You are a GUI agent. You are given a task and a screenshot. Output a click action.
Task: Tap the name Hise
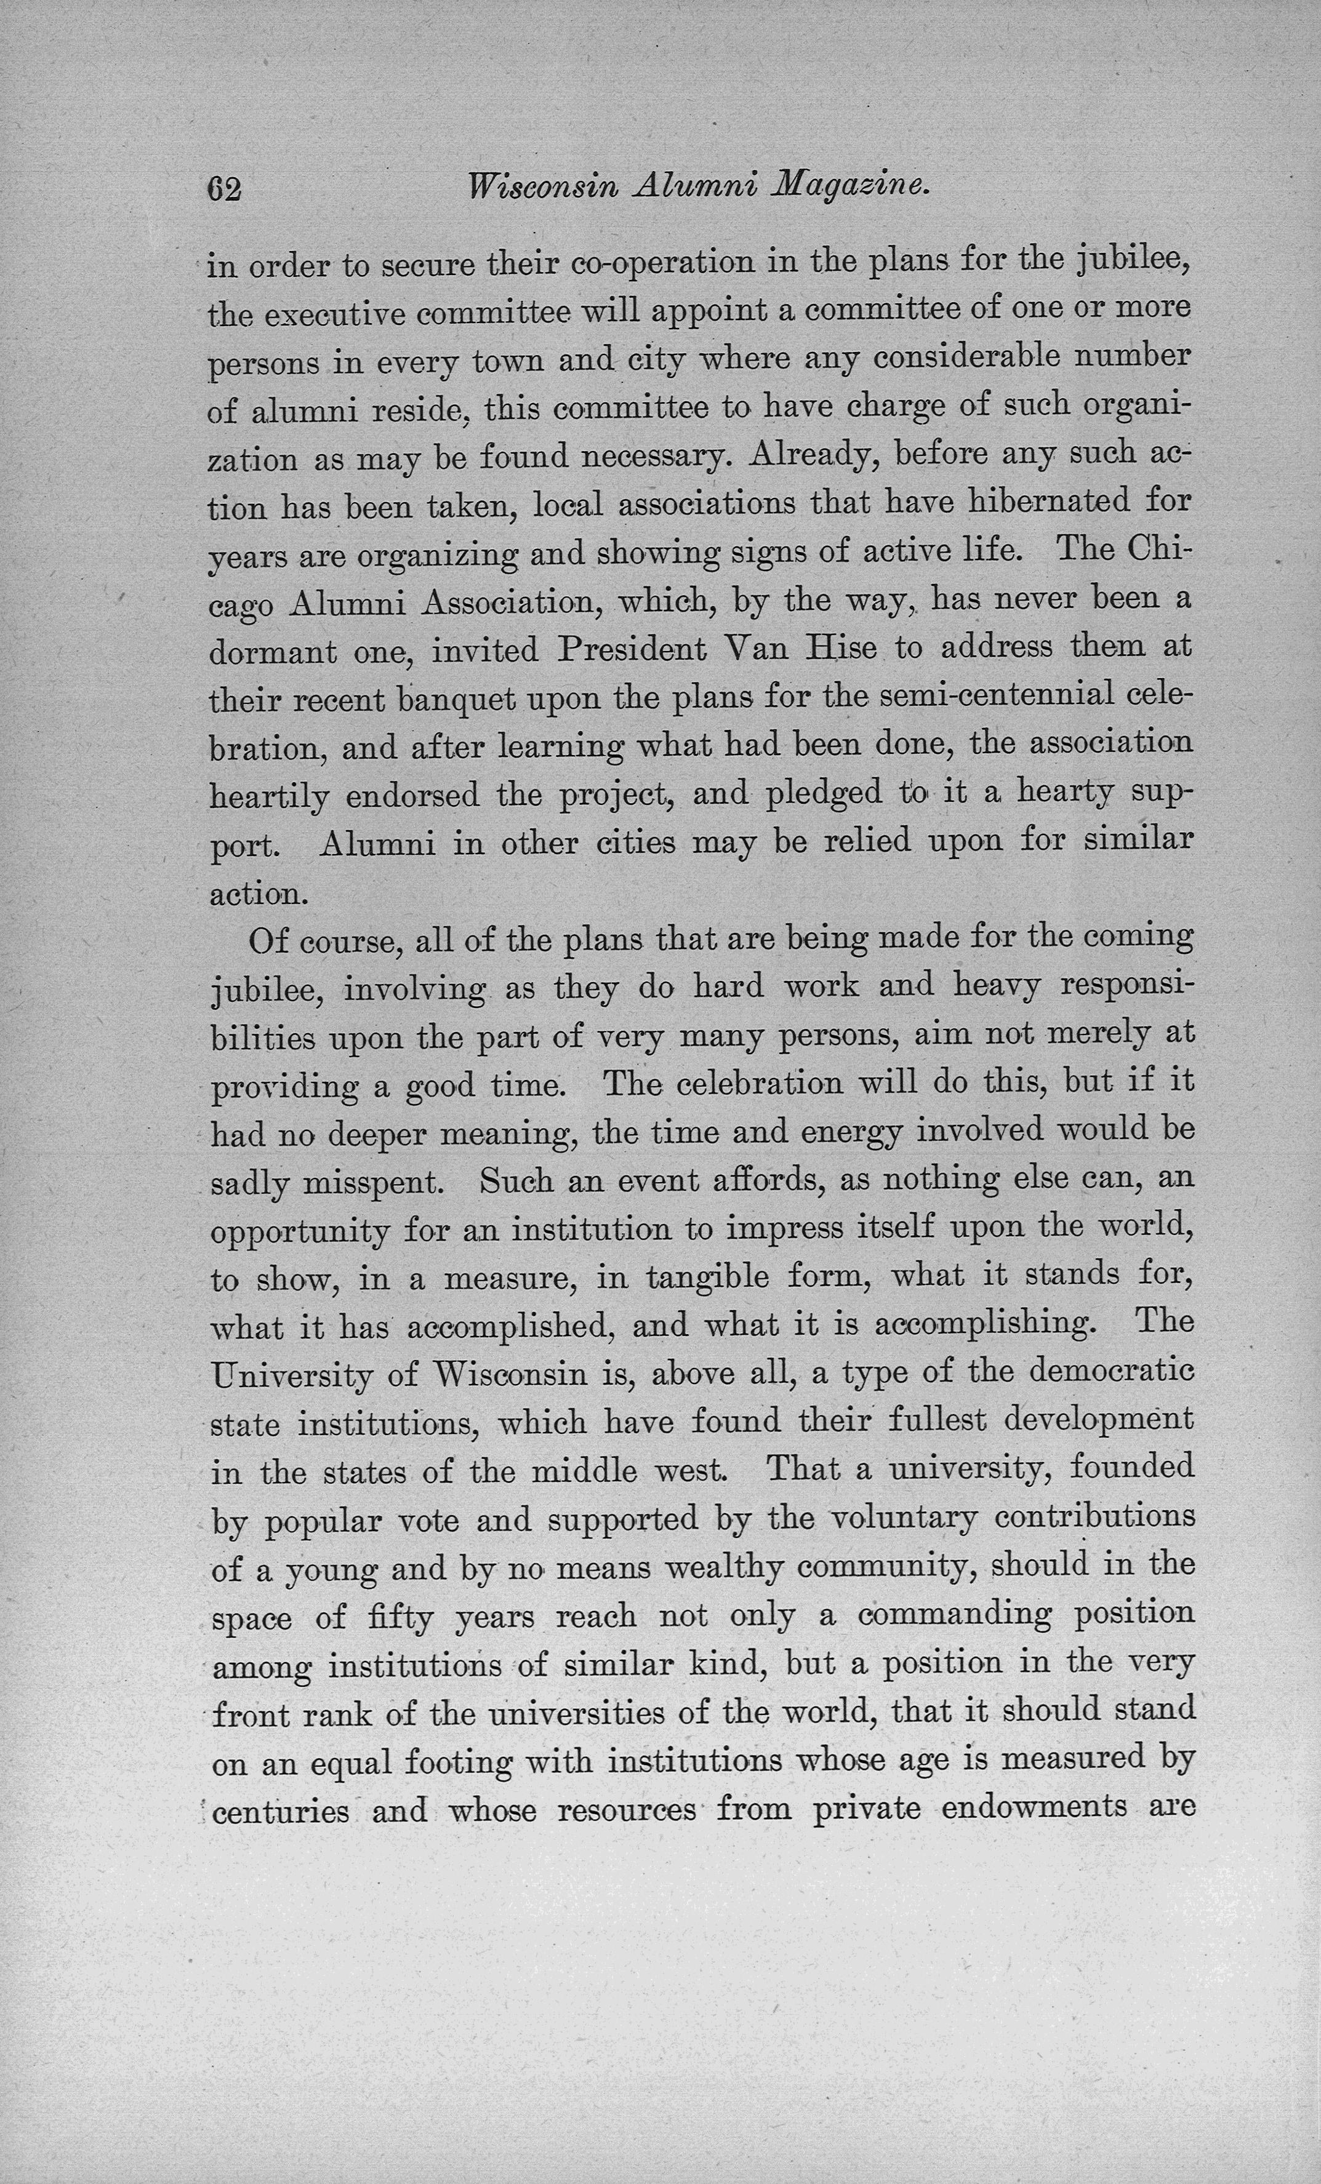coord(838,648)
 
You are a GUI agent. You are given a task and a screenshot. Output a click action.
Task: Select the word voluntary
coord(904,1518)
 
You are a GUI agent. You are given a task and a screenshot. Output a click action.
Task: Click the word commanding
coord(954,1614)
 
